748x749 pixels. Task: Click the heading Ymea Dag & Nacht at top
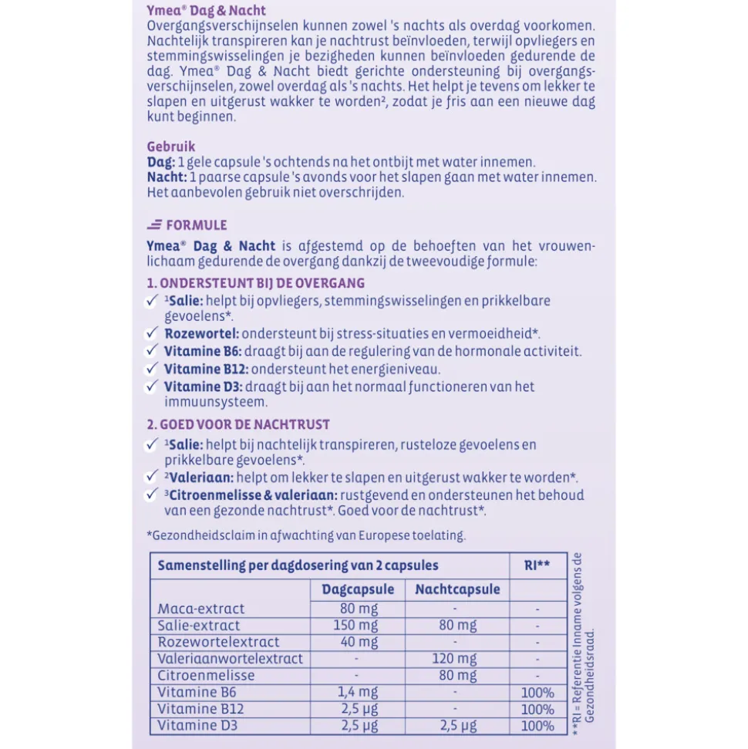coord(206,10)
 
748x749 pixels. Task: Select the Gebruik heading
coord(170,146)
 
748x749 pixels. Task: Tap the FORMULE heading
coord(197,225)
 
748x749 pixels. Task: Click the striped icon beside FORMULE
coord(154,224)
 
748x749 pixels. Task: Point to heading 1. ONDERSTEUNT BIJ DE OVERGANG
coord(256,283)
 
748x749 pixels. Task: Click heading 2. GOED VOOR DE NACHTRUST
coord(238,424)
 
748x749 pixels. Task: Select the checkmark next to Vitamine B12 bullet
coord(152,369)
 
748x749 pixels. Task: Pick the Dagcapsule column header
coord(357,589)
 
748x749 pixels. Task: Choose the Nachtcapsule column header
coord(457,589)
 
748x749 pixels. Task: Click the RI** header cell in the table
coord(537,565)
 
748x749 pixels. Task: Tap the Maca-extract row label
coord(201,609)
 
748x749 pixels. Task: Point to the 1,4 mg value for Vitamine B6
coord(357,693)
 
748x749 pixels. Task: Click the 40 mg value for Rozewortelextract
coord(358,642)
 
